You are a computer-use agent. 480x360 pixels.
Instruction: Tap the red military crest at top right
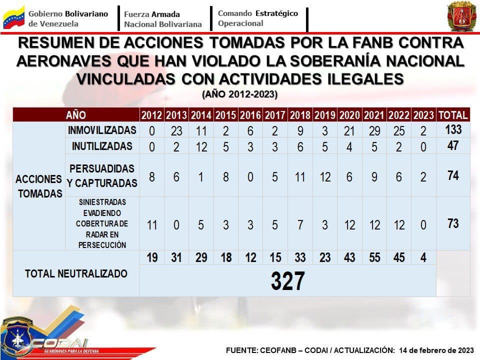click(461, 16)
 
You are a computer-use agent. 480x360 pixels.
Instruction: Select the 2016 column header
click(250, 115)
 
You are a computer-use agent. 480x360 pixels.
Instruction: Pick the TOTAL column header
click(452, 115)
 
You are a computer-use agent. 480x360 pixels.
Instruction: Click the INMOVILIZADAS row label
click(102, 130)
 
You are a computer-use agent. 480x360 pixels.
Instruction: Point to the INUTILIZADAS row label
click(102, 146)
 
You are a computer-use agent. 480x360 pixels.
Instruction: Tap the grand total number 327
click(287, 281)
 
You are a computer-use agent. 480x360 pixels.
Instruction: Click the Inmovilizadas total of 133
click(453, 130)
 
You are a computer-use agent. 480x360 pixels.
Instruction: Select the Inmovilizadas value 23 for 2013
click(176, 131)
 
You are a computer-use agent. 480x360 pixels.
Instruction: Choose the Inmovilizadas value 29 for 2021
click(374, 131)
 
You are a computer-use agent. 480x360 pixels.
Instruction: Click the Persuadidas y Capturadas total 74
click(453, 175)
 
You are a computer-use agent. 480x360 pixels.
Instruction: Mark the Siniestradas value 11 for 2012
click(151, 225)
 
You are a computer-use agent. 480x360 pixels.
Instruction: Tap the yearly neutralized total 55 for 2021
click(374, 257)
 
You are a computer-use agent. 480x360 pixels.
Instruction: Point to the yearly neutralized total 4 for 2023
click(423, 257)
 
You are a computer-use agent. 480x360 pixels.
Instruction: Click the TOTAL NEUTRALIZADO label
click(76, 273)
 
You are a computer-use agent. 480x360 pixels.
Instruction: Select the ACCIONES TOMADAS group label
click(39, 186)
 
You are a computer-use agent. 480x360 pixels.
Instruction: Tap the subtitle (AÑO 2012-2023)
click(239, 94)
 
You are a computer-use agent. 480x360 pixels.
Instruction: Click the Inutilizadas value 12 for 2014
click(200, 147)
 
